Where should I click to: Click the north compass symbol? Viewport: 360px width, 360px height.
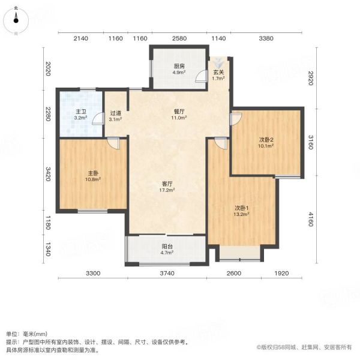[16, 20]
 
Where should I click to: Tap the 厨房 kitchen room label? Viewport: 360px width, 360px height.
[179, 67]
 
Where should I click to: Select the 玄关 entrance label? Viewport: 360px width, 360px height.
[218, 73]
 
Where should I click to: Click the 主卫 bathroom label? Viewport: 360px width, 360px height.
[81, 112]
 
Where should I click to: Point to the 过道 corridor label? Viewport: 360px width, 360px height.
[115, 113]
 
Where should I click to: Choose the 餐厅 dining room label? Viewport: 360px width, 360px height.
[179, 112]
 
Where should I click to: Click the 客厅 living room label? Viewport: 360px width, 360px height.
[167, 184]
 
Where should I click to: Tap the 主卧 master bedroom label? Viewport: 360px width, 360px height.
[93, 173]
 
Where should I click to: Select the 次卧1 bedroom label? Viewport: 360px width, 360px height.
[242, 208]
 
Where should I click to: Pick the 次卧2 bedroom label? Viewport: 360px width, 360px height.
[266, 140]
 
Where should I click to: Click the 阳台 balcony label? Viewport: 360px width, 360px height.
[167, 247]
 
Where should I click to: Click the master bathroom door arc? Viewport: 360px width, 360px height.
[98, 118]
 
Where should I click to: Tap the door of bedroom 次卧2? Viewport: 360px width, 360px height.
[236, 119]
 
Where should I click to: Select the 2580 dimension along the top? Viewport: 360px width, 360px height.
[179, 38]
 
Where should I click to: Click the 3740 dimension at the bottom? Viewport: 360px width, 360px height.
[167, 273]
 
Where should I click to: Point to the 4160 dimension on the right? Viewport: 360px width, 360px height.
[311, 219]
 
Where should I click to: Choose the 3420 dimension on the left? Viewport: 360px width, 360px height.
[48, 174]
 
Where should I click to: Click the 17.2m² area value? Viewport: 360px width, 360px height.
[167, 190]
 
